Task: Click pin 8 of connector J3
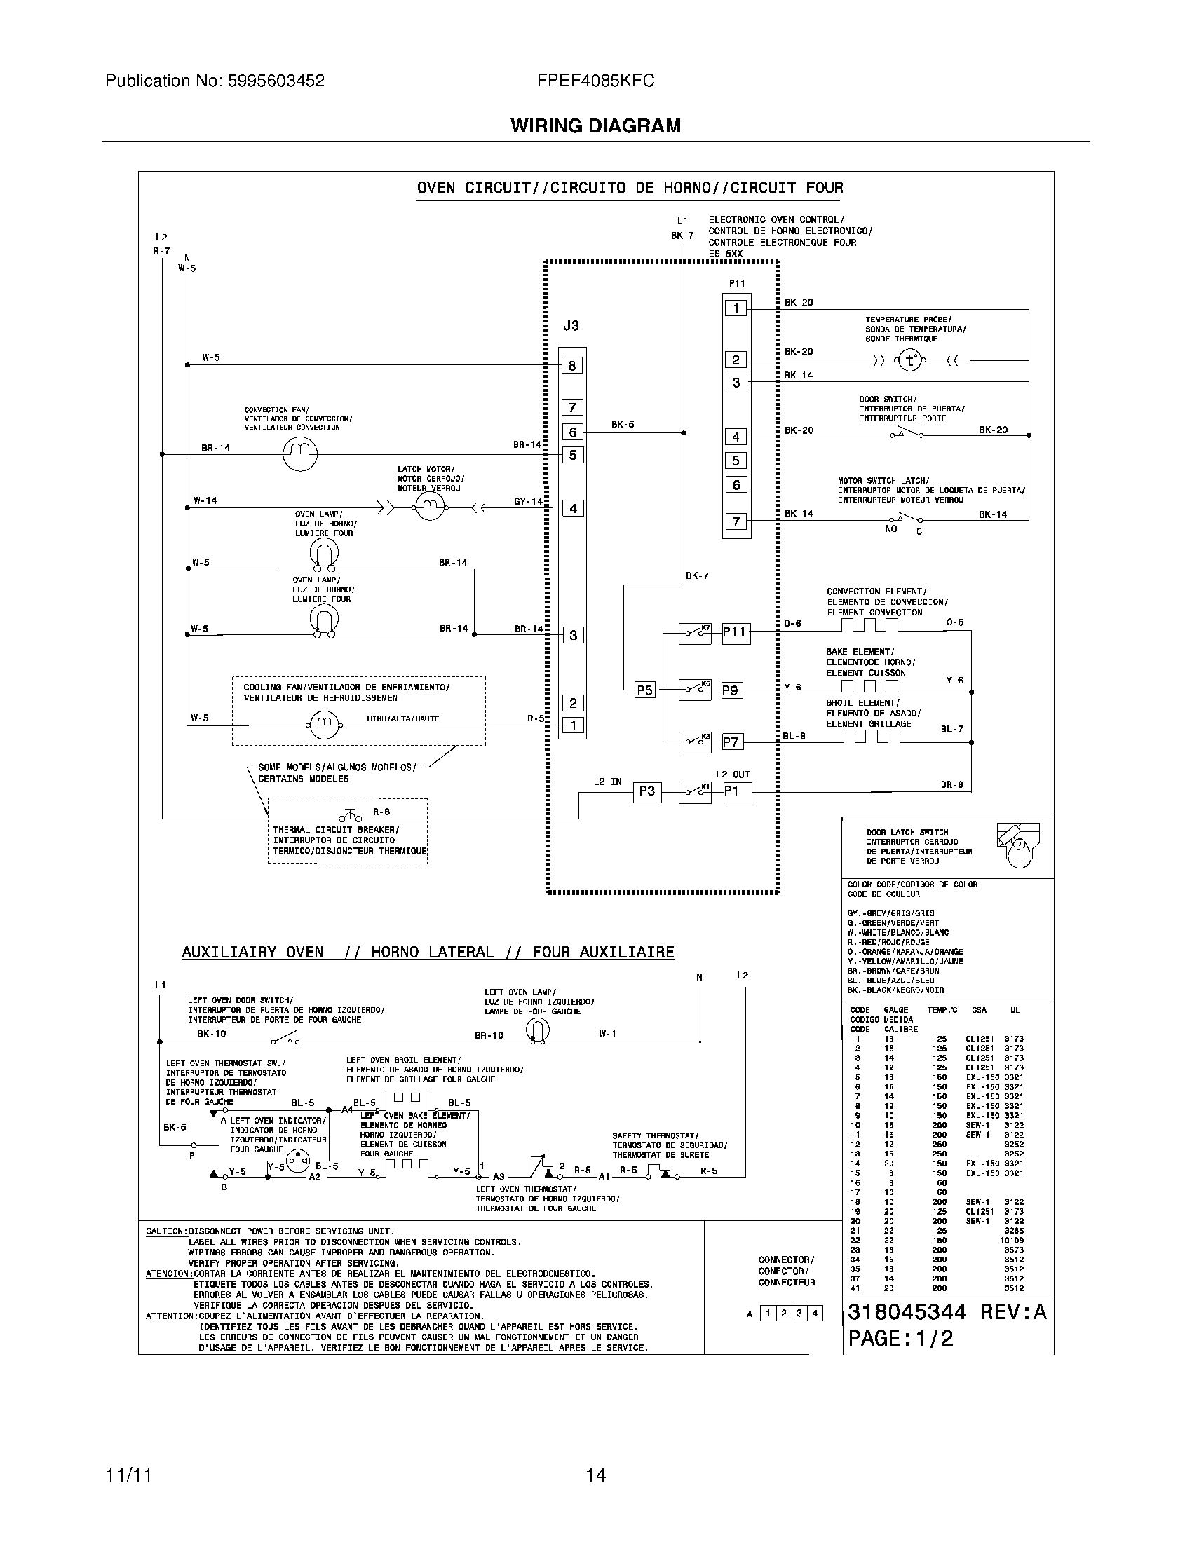tap(572, 366)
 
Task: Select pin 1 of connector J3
tap(573, 725)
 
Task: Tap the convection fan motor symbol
tap(300, 454)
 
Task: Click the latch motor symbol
tap(428, 505)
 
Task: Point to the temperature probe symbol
tap(909, 361)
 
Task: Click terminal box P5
tap(644, 690)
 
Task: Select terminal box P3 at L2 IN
tap(647, 791)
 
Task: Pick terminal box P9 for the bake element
tap(731, 690)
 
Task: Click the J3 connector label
tap(571, 326)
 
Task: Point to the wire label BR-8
tap(951, 784)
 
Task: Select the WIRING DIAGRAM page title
tap(595, 126)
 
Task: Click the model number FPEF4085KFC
tap(595, 81)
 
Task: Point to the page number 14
tap(595, 1475)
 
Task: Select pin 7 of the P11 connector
tap(736, 521)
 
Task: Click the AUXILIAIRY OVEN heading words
tap(252, 952)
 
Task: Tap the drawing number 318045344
tap(906, 1312)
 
